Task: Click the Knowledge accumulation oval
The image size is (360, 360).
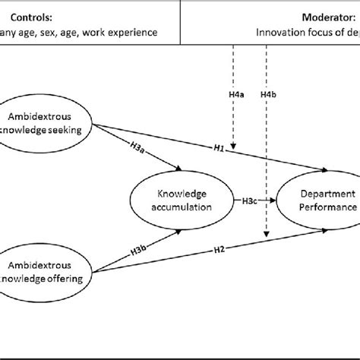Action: click(182, 200)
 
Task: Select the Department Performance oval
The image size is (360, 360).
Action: click(317, 200)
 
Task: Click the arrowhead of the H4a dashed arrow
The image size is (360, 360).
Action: click(235, 146)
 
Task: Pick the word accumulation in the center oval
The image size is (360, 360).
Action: click(182, 206)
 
